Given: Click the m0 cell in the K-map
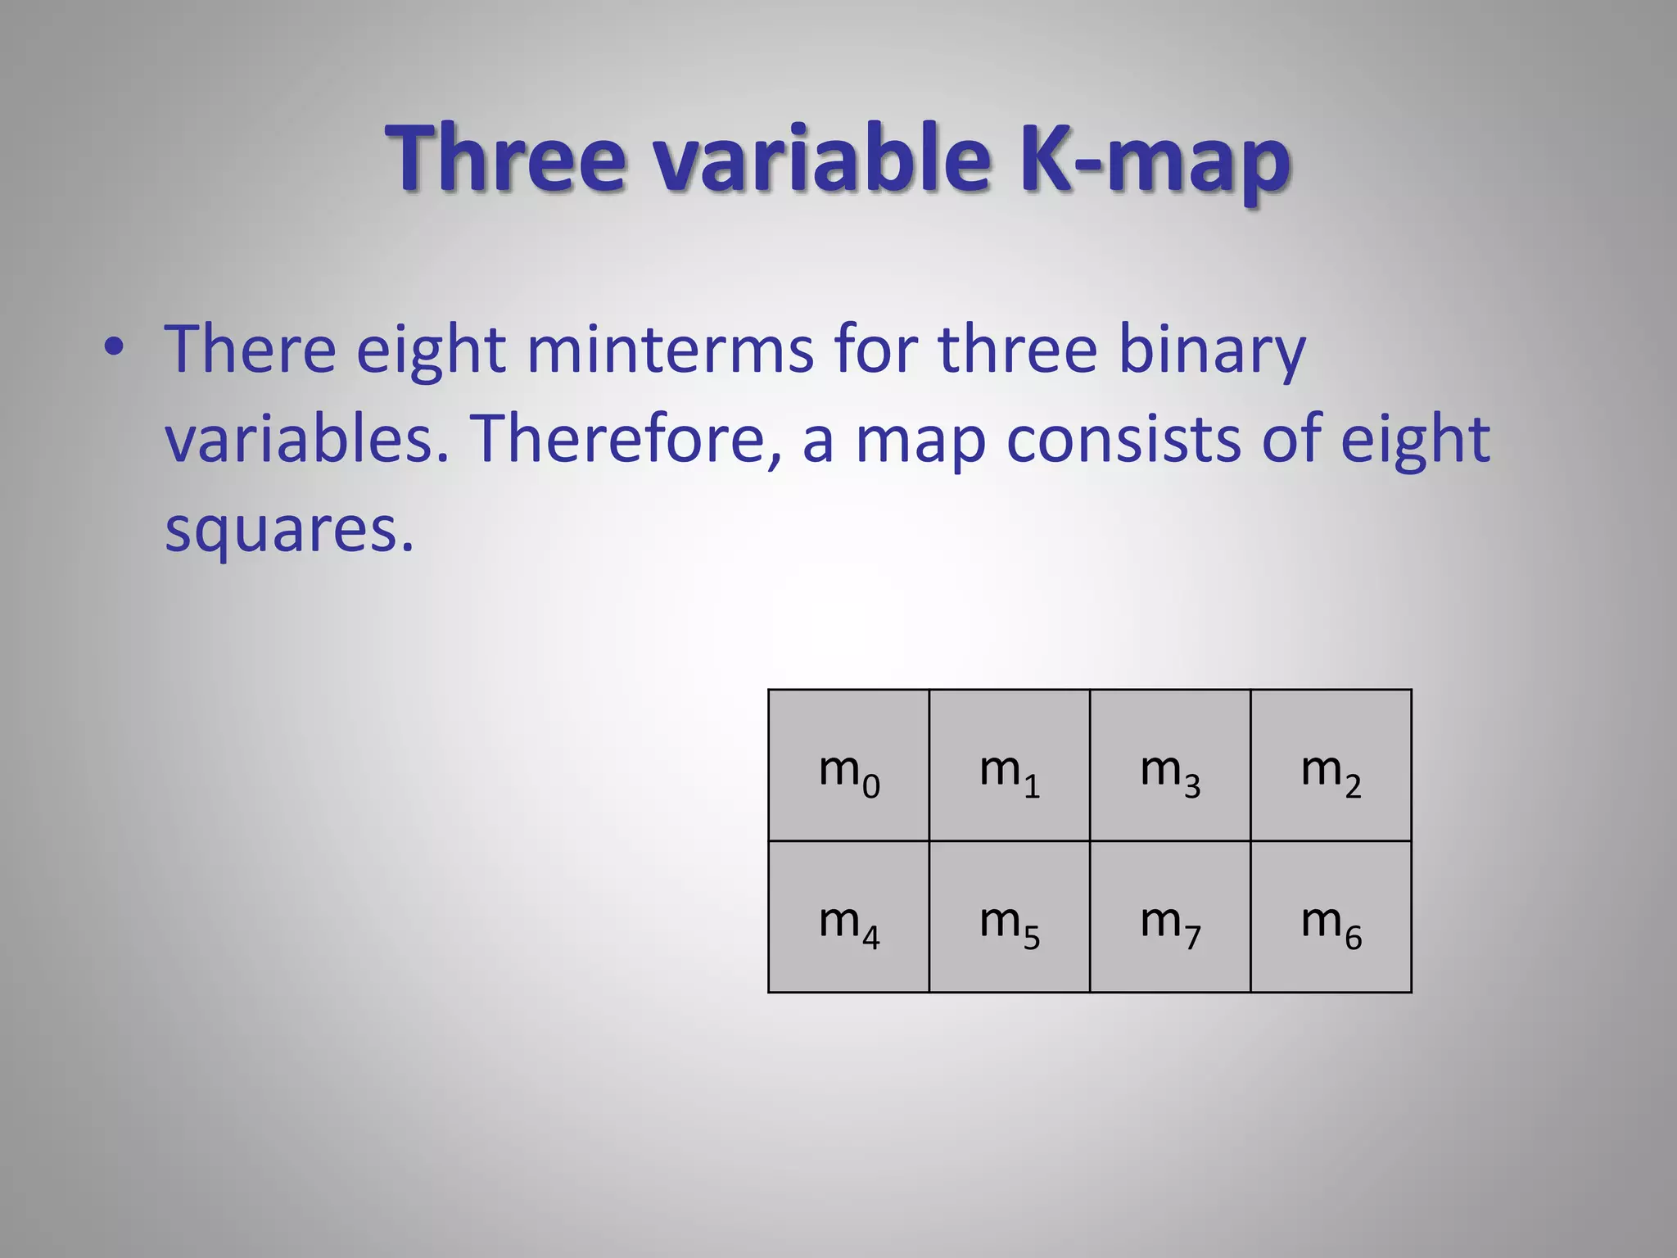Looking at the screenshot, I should click(x=848, y=766).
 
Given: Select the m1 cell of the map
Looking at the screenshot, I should click(x=1009, y=766).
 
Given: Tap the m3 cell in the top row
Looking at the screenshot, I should click(x=1169, y=766).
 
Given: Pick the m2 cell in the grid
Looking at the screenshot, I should click(x=1331, y=766).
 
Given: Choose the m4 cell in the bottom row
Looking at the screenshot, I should click(x=848, y=917).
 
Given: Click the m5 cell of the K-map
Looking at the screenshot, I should click(x=1009, y=917).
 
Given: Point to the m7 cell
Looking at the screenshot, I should click(x=1169, y=917).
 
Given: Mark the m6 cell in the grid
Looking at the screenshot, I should click(x=1331, y=917).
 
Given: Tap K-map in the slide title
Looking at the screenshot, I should click(x=1155, y=160).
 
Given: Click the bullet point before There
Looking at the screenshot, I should click(x=114, y=348).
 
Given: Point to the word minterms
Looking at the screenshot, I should click(x=670, y=350).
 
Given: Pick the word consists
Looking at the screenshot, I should click(x=1123, y=439).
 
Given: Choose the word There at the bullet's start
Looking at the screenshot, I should click(x=250, y=350).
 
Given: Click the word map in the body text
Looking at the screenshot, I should click(x=920, y=442).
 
